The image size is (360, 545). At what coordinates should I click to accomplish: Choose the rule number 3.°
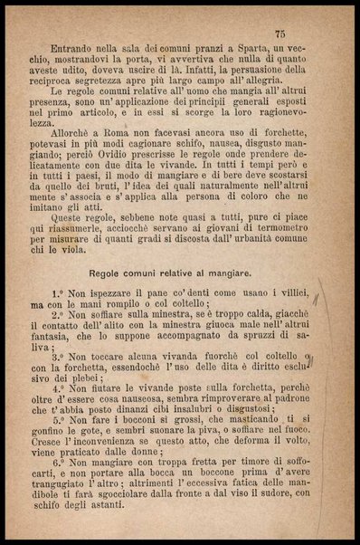click(x=61, y=359)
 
